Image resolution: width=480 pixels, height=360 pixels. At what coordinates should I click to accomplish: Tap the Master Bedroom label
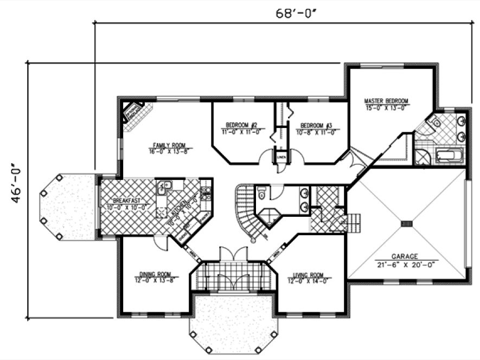click(386, 101)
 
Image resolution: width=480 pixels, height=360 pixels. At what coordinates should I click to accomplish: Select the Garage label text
click(405, 256)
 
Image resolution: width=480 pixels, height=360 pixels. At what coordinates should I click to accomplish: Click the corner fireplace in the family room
click(133, 114)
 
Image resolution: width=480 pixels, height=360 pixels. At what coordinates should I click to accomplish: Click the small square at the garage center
click(406, 223)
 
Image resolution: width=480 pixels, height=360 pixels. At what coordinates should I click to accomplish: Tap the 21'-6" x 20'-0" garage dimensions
click(406, 265)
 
